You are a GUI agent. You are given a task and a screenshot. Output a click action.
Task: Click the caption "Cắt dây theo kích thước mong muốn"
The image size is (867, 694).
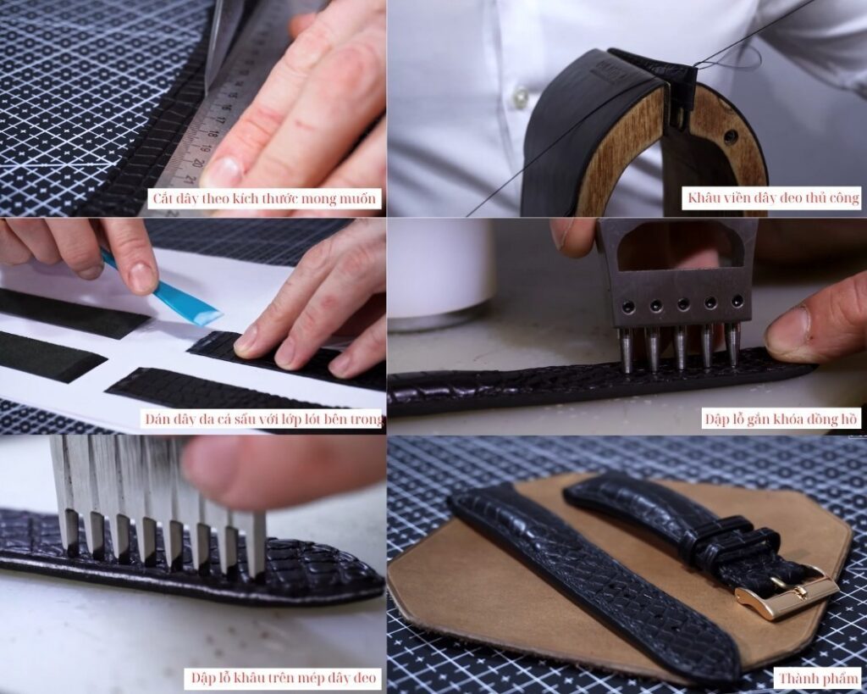[264, 198]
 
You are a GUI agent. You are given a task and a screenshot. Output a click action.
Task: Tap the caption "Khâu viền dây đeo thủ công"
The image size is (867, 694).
[770, 198]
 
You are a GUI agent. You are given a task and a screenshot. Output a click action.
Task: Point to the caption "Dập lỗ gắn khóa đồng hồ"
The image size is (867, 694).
[781, 419]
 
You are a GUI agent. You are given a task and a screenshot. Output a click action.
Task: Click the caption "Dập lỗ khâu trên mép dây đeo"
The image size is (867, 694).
[283, 678]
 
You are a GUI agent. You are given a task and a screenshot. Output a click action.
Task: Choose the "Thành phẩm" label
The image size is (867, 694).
[820, 678]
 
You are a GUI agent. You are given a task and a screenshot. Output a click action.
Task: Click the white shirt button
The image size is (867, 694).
[521, 98]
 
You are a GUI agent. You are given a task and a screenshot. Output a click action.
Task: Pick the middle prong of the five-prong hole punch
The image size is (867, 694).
[680, 348]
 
